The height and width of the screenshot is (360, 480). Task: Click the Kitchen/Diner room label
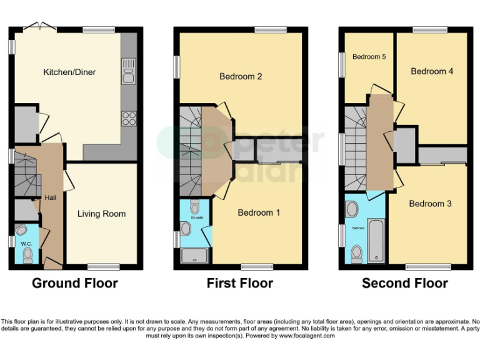pos(69,72)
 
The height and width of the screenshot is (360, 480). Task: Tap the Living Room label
pos(101,214)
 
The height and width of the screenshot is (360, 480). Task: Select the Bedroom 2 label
pos(241,77)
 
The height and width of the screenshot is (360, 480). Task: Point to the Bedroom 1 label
pos(259,213)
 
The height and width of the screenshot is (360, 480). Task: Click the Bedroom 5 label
pos(369,57)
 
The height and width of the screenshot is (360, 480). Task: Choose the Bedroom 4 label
pos(432,71)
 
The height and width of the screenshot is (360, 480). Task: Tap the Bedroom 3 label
pos(430,204)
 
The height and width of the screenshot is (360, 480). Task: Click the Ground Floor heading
pos(75,283)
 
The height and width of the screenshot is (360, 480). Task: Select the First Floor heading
pos(240,283)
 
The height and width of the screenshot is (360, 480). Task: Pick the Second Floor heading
pos(405,283)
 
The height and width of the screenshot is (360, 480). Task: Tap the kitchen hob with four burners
pos(129,118)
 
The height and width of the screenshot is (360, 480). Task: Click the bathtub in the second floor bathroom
pos(377,241)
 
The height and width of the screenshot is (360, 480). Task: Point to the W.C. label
pos(26,244)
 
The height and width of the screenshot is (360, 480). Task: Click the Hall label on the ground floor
pos(50,198)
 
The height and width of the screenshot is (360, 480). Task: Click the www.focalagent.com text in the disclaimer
pos(304,336)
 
